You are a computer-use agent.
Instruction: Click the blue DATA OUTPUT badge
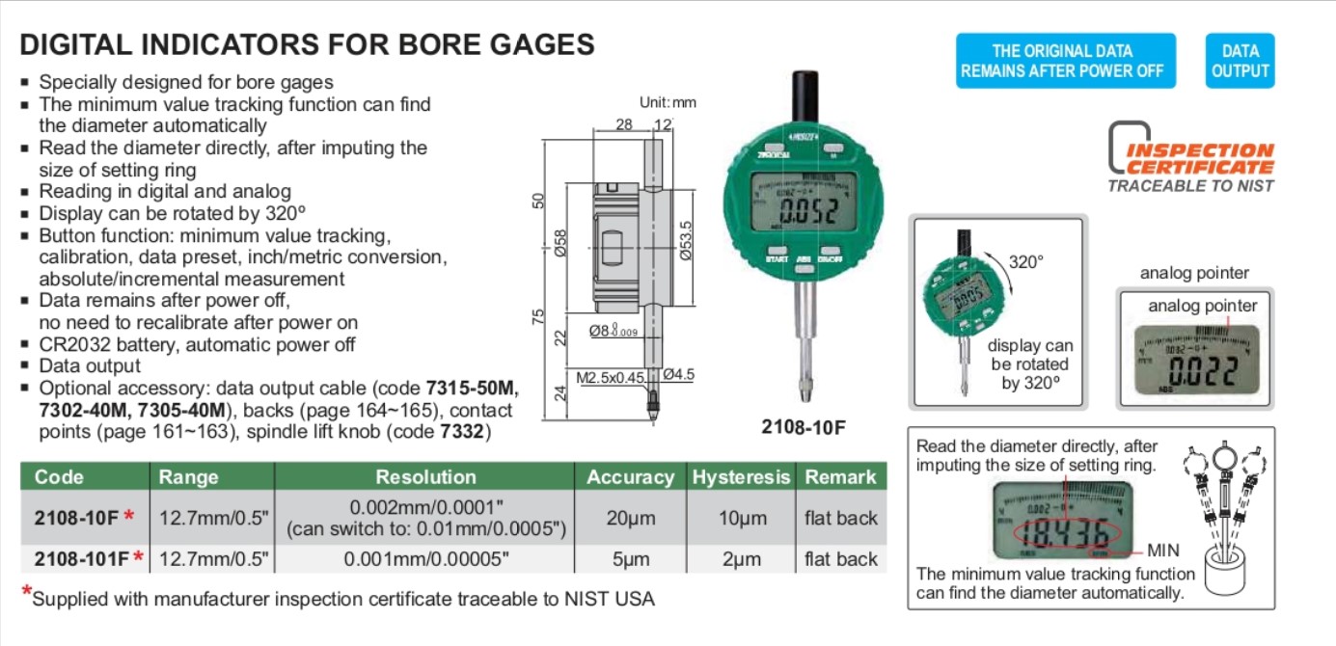coord(1240,61)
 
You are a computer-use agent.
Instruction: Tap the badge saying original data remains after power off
coord(1066,61)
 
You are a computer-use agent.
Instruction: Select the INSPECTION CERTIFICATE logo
coord(1191,157)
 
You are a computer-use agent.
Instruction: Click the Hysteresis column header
coord(741,476)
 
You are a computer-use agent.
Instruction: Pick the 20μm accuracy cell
coord(631,518)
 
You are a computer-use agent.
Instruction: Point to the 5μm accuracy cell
coord(631,559)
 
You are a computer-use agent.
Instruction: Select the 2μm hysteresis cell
coord(741,559)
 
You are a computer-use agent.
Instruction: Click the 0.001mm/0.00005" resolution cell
coord(424,559)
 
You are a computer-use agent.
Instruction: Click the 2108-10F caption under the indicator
coord(803,426)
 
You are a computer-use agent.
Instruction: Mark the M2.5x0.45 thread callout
coord(611,377)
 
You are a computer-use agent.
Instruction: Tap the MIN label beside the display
coord(1163,552)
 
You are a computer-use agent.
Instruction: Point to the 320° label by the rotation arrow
coord(1026,261)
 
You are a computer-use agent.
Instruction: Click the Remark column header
coord(840,476)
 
